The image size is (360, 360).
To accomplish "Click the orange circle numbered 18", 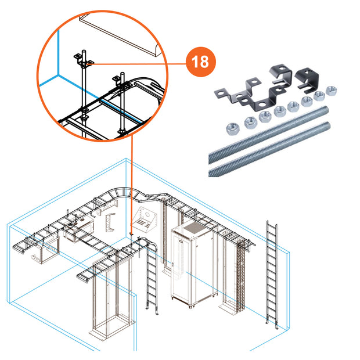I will [x=200, y=62].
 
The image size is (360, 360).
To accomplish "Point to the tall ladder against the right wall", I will [x=271, y=273].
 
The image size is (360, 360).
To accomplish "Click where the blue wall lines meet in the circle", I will [x=57, y=75].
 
